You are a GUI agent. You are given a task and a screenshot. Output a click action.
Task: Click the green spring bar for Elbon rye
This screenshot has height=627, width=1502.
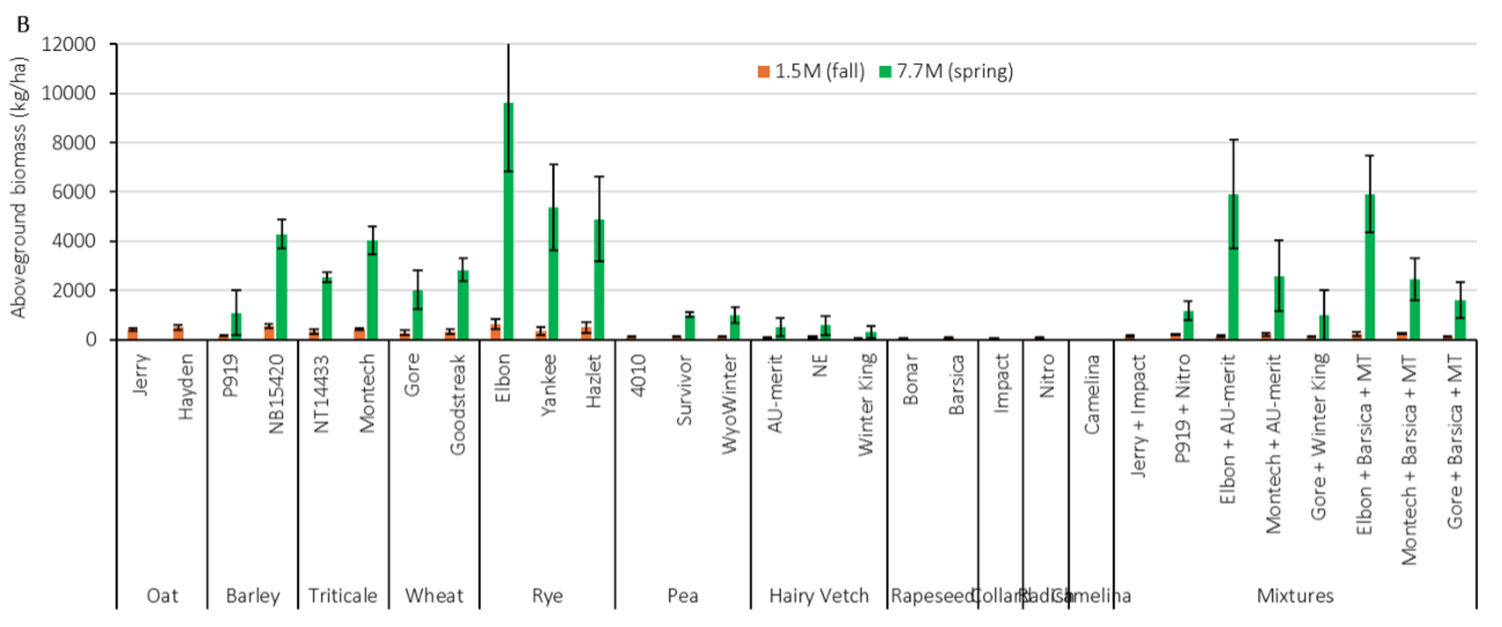[508, 221]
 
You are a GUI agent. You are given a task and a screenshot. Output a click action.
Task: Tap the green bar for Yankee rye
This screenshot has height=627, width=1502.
[553, 274]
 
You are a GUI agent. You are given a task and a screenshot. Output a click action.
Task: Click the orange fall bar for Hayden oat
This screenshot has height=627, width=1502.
[178, 333]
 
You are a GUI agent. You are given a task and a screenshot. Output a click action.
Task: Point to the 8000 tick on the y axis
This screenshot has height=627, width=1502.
[74, 143]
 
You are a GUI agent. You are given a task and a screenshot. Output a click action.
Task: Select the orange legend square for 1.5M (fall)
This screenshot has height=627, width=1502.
[763, 72]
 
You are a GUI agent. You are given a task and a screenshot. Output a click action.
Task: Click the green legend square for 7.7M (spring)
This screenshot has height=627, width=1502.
[885, 72]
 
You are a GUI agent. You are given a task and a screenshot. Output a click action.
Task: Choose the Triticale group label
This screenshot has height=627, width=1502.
[343, 596]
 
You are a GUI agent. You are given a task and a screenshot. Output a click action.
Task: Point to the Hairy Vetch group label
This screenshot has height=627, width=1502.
[819, 596]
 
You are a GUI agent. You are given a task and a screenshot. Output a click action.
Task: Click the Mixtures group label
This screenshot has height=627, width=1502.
[1295, 596]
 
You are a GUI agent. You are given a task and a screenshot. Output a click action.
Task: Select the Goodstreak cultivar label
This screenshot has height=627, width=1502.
[458, 405]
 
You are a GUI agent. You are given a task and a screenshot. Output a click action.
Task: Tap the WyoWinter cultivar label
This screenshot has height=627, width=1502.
[729, 405]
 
